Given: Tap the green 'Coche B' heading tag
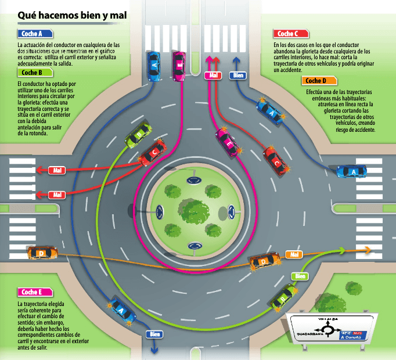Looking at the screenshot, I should (31, 73).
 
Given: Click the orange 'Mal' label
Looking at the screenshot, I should (294, 254).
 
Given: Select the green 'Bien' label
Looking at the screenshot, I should (300, 276).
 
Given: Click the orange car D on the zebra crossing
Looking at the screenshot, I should (43, 253).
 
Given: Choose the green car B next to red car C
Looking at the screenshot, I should (137, 136).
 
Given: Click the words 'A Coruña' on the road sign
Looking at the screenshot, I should (351, 337).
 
